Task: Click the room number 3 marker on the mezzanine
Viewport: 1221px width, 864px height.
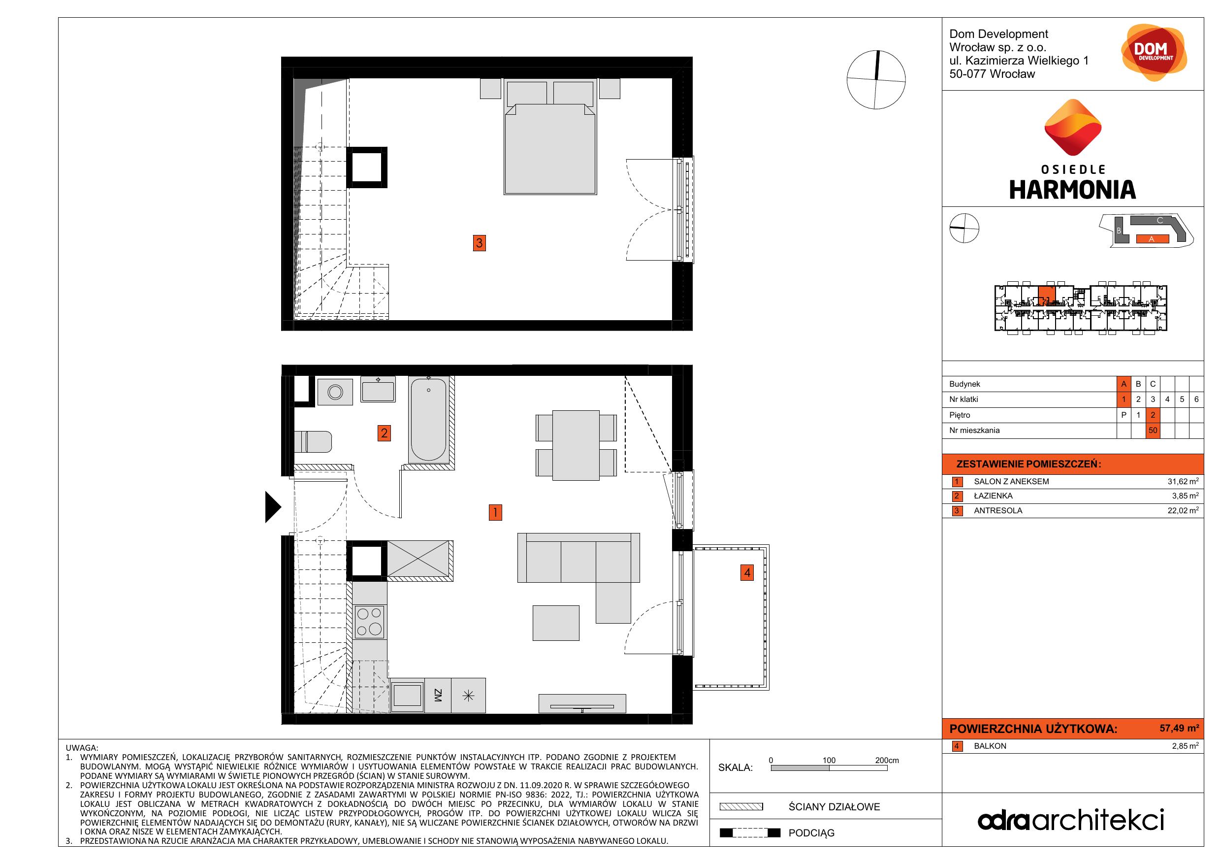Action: [x=479, y=243]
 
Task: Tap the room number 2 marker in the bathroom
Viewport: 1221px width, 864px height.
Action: [x=384, y=433]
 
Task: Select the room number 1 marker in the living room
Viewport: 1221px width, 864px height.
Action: [x=495, y=512]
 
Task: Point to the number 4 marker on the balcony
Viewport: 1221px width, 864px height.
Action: [x=747, y=572]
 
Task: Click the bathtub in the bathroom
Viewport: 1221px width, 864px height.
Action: [x=429, y=419]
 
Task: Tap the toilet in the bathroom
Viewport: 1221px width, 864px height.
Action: [x=313, y=441]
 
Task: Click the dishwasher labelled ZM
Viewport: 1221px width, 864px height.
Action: [x=438, y=696]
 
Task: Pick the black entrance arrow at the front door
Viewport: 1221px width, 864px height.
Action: [x=273, y=506]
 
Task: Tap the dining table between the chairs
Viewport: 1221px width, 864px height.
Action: [x=576, y=445]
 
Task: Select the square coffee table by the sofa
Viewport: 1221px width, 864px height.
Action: [x=556, y=623]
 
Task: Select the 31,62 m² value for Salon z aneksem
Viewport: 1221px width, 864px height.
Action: [x=1183, y=481]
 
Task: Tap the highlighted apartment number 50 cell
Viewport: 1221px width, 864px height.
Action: [x=1153, y=431]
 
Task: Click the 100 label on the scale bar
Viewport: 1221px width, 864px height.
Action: [x=829, y=760]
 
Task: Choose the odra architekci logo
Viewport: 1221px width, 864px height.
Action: [x=1071, y=820]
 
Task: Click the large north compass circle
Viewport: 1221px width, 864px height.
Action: [x=876, y=80]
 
